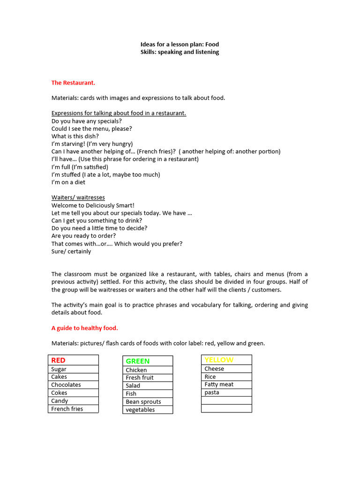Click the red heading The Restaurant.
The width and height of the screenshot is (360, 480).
point(73,82)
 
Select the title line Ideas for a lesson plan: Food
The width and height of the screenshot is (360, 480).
point(180,45)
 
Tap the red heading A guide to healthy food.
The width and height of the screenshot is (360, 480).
point(88,328)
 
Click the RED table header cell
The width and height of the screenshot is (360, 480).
point(73,360)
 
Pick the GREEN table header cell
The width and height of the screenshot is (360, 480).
point(148,361)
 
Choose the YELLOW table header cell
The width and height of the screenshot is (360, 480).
point(226,360)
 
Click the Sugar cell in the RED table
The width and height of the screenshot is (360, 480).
point(73,369)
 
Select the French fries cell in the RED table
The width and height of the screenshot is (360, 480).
point(73,409)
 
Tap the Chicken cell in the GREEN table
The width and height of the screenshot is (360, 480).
point(148,370)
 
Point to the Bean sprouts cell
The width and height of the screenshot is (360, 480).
point(148,402)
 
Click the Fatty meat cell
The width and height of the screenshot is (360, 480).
point(226,384)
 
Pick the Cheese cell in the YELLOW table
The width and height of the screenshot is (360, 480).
point(226,369)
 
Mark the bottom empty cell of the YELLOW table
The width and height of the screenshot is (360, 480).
point(226,408)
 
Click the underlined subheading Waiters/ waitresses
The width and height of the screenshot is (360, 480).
point(78,197)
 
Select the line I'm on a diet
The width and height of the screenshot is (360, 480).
point(68,182)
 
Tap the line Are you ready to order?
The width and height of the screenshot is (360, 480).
point(83,236)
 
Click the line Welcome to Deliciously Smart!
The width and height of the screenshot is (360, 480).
point(93,205)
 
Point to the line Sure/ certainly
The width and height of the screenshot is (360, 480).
point(71,251)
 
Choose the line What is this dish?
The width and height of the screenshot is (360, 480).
point(75,136)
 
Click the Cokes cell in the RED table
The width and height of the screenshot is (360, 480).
point(73,393)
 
